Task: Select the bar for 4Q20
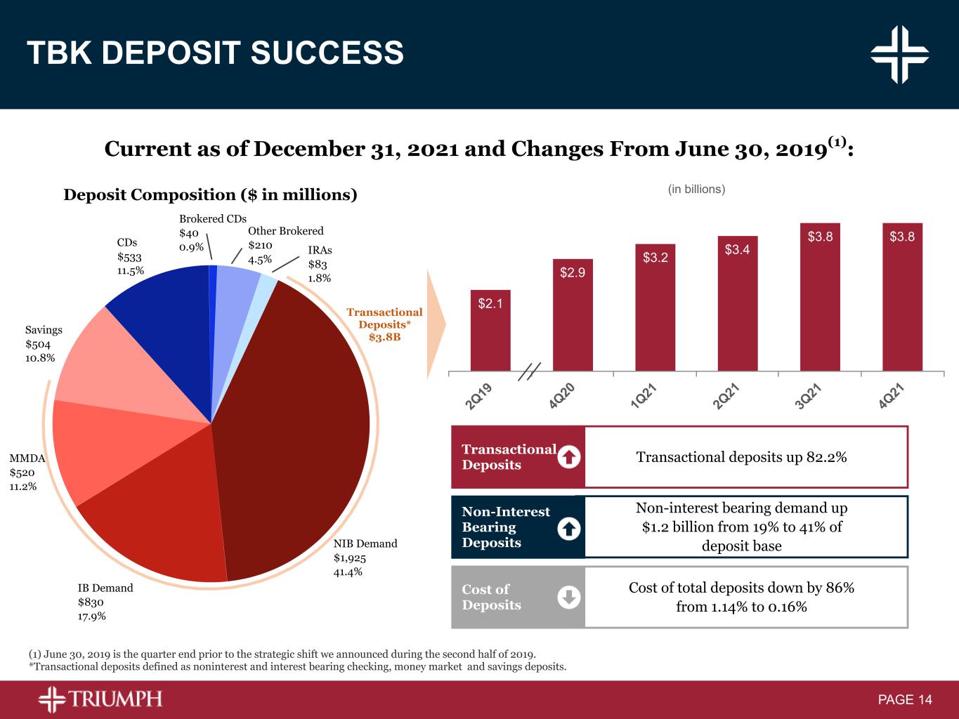[573, 315]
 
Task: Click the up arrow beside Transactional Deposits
[569, 458]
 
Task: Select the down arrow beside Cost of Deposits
[569, 598]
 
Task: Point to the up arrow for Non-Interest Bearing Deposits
[569, 528]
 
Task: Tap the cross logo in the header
[899, 54]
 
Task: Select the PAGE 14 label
[905, 700]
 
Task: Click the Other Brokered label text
[286, 231]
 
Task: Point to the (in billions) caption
[696, 189]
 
